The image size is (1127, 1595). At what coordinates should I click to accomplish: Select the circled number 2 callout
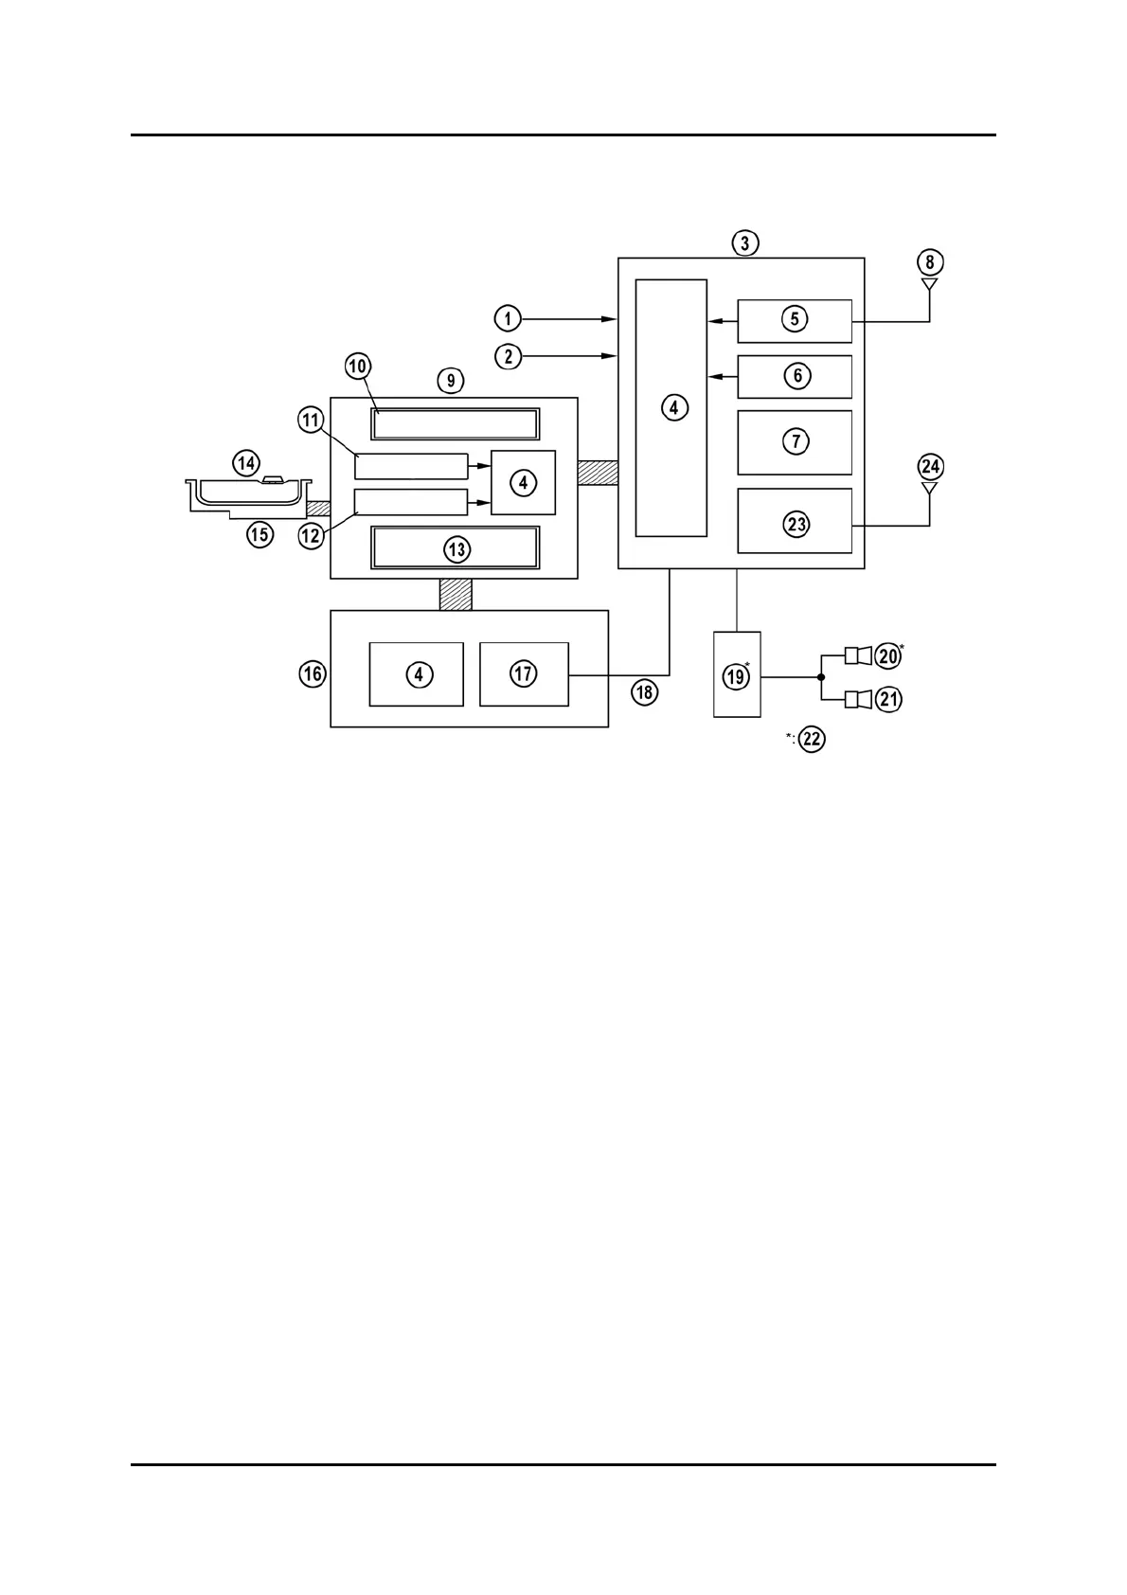508,356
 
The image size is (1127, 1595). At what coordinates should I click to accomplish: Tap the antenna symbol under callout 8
929,284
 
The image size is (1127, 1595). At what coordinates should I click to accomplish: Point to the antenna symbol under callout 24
929,489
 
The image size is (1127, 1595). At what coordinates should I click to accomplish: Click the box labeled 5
795,320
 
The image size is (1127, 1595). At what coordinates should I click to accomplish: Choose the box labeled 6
795,377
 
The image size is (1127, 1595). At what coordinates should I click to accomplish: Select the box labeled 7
795,441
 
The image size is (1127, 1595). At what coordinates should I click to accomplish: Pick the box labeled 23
795,521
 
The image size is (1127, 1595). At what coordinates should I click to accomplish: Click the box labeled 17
524,673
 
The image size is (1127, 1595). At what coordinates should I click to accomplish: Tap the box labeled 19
736,674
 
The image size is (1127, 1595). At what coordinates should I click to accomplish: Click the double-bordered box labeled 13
456,548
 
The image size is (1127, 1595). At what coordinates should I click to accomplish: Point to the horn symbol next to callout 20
856,654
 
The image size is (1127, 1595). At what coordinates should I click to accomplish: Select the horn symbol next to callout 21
856,699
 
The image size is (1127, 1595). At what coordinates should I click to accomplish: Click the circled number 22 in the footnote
813,739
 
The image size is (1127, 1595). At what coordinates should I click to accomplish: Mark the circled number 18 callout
645,692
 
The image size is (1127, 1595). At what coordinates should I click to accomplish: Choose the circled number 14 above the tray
246,462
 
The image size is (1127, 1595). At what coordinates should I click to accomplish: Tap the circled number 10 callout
358,366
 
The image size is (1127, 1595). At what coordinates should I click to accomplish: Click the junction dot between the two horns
820,676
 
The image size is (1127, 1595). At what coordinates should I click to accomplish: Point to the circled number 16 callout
313,674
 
